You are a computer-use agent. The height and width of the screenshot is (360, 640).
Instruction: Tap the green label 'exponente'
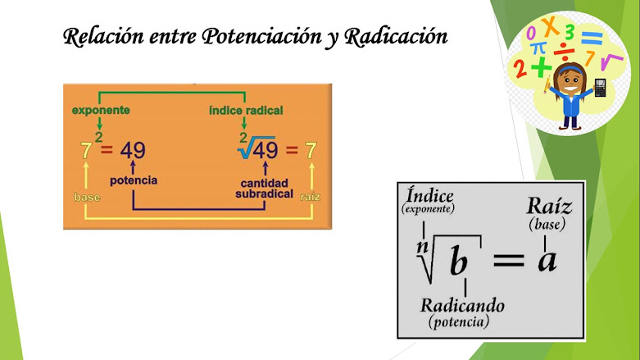101,109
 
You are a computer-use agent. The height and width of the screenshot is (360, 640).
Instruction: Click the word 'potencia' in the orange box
134,180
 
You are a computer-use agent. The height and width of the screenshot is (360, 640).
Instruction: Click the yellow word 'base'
87,198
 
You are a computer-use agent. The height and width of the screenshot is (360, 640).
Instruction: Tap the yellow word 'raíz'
311,198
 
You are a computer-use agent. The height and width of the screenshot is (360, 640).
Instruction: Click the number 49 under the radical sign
264,150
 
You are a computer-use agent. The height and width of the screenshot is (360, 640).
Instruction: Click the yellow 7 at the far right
311,150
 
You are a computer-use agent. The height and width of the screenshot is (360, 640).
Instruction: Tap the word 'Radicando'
462,305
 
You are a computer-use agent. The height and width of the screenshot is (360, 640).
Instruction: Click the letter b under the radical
460,262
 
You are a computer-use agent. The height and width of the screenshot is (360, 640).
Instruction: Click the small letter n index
421,244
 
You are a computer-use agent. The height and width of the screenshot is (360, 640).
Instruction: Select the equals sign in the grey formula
507,260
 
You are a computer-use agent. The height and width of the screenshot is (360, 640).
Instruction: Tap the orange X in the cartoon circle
552,27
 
